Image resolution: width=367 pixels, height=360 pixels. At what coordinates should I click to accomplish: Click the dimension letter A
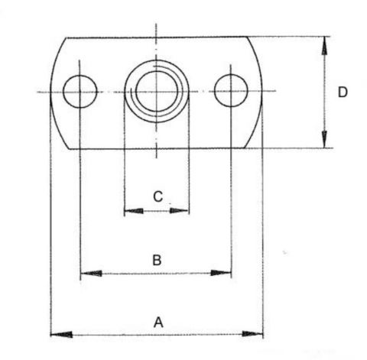click(158, 323)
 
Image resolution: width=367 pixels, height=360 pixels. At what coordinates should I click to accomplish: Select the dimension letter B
click(157, 260)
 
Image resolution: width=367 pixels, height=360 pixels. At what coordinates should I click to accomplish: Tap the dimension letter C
click(158, 196)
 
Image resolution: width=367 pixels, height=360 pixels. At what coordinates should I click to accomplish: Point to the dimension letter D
click(343, 92)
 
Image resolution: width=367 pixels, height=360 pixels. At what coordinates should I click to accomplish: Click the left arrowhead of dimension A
click(61, 334)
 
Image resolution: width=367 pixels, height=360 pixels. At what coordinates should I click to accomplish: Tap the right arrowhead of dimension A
click(252, 334)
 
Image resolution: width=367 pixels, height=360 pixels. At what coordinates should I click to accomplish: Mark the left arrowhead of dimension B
click(91, 274)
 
